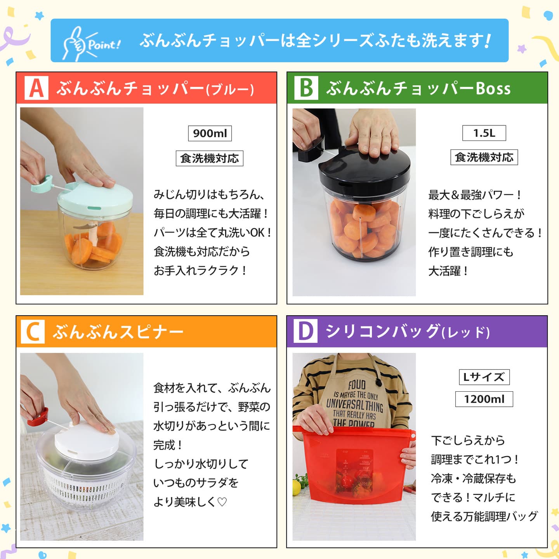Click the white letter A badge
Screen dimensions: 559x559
coord(36,88)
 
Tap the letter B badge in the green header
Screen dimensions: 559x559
coord(306,88)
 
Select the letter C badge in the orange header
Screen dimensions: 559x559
coord(33,332)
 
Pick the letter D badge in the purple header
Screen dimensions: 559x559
coord(306,331)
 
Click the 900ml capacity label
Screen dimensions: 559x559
coord(210,134)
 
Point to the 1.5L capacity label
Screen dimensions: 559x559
coord(484,133)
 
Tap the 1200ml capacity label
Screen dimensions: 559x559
coord(484,399)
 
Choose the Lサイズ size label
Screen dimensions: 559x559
coord(484,377)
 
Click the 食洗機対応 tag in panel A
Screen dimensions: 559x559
coord(210,158)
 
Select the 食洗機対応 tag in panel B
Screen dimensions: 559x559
coord(484,157)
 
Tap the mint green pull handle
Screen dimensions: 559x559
coord(42,184)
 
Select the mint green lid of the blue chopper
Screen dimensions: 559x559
coord(95,198)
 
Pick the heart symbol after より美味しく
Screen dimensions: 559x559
coord(222,502)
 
